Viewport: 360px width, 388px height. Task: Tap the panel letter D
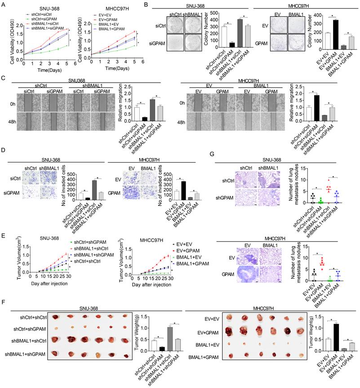pos(4,154)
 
